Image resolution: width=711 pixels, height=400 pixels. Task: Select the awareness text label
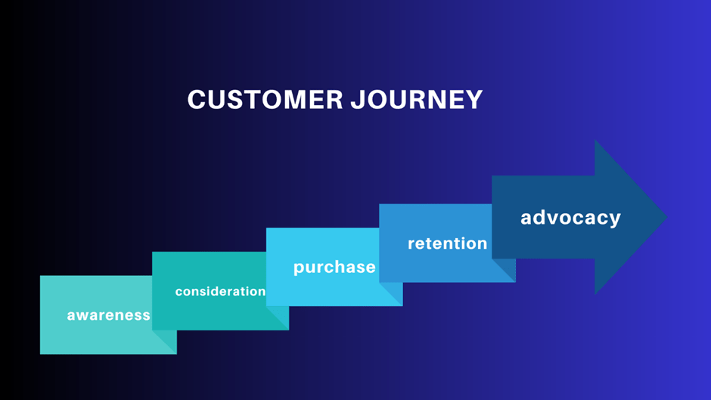pyautogui.click(x=108, y=315)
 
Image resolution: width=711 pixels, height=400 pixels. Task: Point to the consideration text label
pyautogui.click(x=220, y=291)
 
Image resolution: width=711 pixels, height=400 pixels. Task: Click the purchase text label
pyautogui.click(x=334, y=267)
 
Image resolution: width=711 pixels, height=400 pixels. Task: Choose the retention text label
pyautogui.click(x=447, y=243)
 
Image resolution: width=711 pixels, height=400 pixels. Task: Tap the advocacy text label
pyautogui.click(x=570, y=218)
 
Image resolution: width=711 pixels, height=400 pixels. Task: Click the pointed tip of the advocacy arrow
pyautogui.click(x=665, y=217)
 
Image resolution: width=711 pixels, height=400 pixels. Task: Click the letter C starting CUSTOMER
pyautogui.click(x=195, y=101)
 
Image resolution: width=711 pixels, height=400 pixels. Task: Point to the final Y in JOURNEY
pyautogui.click(x=474, y=101)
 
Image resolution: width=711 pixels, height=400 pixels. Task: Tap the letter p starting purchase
pyautogui.click(x=299, y=268)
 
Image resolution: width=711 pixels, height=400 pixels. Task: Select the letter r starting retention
pyautogui.click(x=411, y=244)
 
